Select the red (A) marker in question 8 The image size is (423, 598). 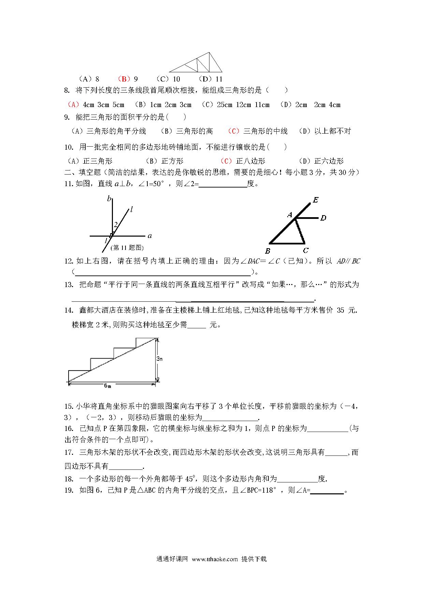point(73,105)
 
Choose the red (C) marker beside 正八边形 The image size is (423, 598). point(226,161)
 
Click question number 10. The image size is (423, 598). point(69,147)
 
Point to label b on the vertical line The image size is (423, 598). point(109,198)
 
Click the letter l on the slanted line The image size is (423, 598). point(132,209)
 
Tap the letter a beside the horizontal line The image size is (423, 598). point(149,236)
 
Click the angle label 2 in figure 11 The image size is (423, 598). point(116,224)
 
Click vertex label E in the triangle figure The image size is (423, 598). point(316,200)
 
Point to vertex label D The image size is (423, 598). point(323,218)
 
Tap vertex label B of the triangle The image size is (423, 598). point(268,251)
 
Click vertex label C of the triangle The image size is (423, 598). point(306,251)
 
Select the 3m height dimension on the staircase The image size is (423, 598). point(159,359)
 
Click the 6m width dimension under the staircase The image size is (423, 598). point(108,386)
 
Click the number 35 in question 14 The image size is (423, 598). point(341,310)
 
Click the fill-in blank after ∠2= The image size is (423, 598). point(223,184)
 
